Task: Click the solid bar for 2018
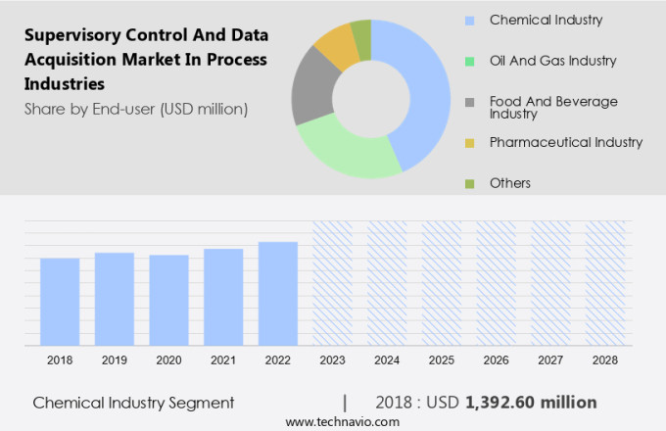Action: pyautogui.click(x=60, y=302)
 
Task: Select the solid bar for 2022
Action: pyautogui.click(x=278, y=294)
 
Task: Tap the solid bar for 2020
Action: pyautogui.click(x=169, y=300)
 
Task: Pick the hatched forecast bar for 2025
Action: pyautogui.click(x=442, y=283)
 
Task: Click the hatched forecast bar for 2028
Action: pyautogui.click(x=604, y=283)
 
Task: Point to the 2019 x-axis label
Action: pyautogui.click(x=115, y=360)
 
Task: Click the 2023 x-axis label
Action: pyautogui.click(x=333, y=360)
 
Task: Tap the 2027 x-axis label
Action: pyautogui.click(x=550, y=360)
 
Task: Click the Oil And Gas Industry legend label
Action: pyautogui.click(x=552, y=61)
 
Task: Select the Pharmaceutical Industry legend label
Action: pyautogui.click(x=565, y=142)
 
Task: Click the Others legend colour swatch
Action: pyautogui.click(x=470, y=183)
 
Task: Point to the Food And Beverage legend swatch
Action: pyautogui.click(x=470, y=102)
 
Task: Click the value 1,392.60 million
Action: pyautogui.click(x=531, y=403)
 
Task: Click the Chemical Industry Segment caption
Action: pyautogui.click(x=133, y=403)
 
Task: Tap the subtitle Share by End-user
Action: pyautogui.click(x=136, y=108)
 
